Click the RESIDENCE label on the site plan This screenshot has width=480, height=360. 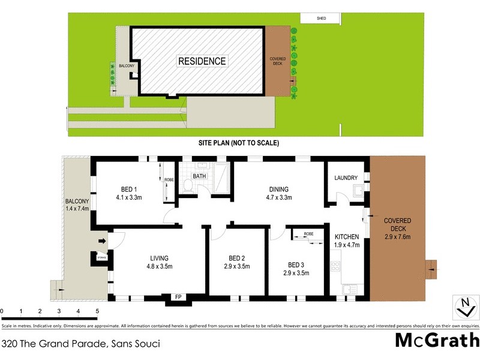point(202,61)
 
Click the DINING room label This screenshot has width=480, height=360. point(278,190)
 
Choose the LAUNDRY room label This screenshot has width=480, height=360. point(346,178)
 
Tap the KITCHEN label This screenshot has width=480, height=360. point(347,236)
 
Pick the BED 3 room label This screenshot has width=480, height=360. point(296,264)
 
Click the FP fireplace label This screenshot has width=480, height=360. point(178,297)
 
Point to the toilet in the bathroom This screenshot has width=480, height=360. point(187,185)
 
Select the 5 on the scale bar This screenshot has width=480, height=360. point(97,311)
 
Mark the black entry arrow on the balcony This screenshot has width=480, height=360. point(101,241)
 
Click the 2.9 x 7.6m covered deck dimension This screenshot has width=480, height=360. point(397,236)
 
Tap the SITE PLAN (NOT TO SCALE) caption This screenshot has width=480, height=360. point(239,143)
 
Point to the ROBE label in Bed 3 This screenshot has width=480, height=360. point(308,233)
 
